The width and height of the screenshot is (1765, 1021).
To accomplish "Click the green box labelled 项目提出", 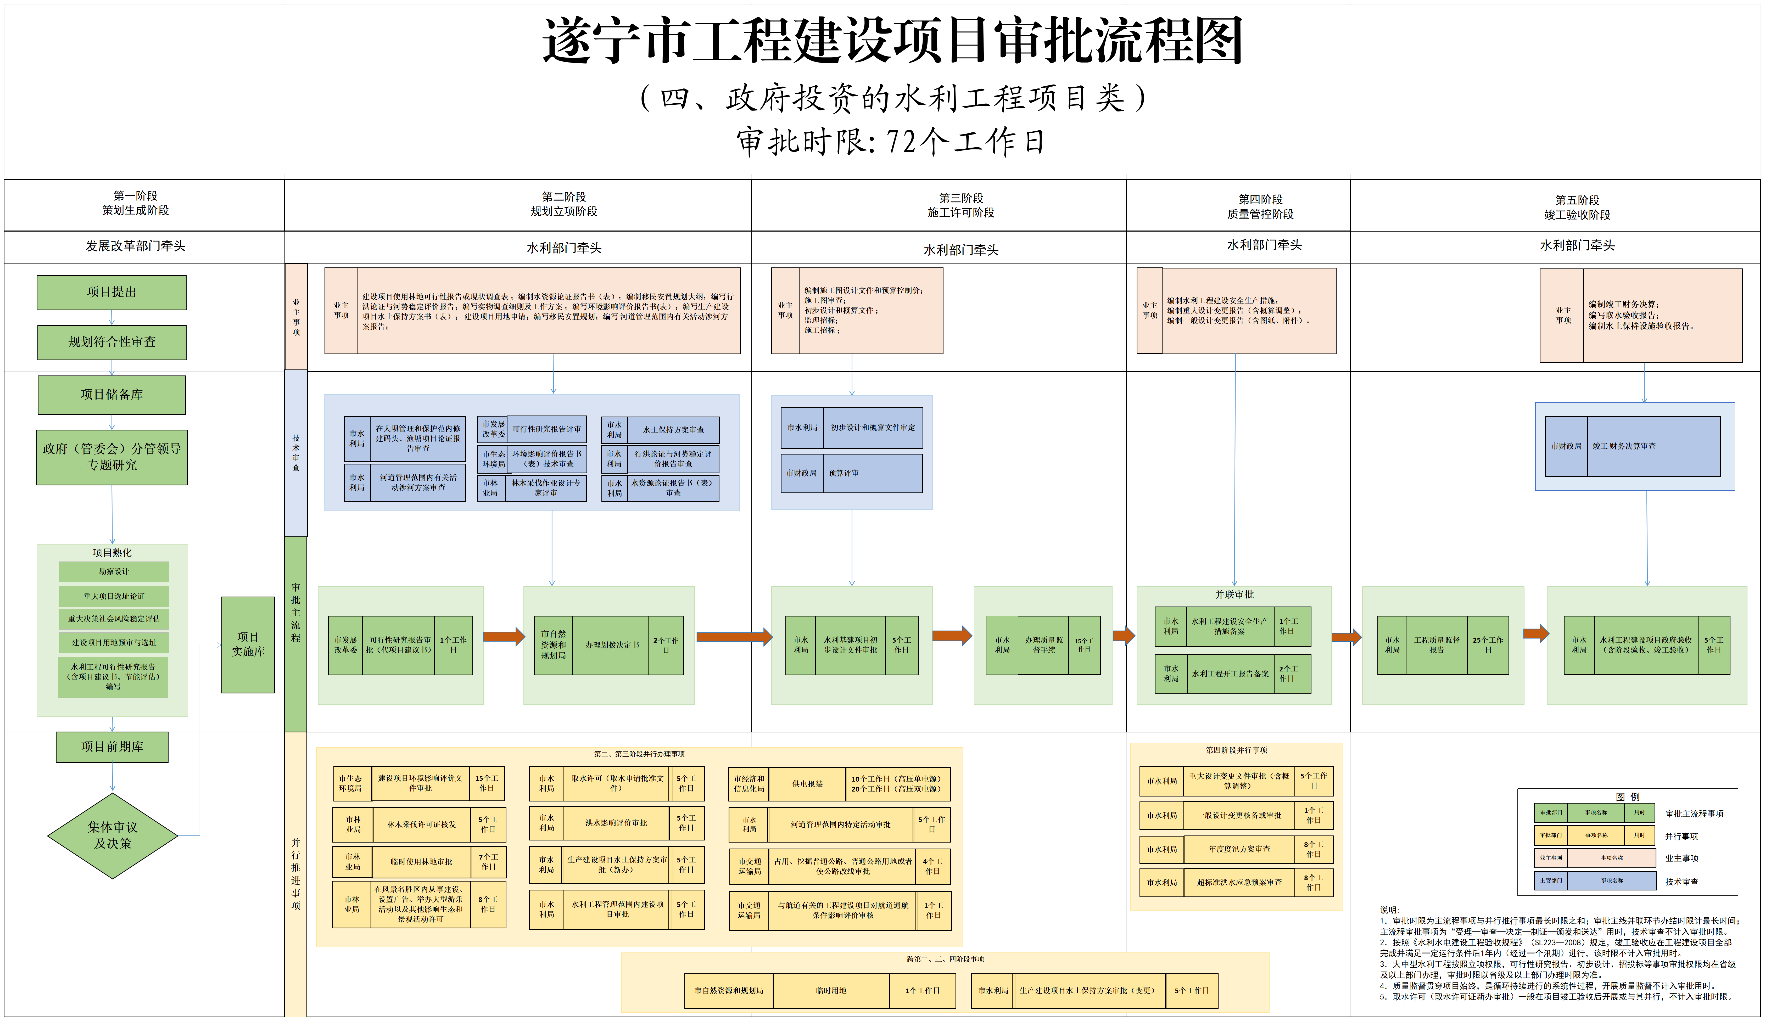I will pyautogui.click(x=111, y=292).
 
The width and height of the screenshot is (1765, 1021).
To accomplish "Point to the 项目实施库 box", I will pyautogui.click(x=248, y=644).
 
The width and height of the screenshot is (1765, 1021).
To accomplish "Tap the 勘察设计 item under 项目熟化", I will pyautogui.click(x=114, y=571).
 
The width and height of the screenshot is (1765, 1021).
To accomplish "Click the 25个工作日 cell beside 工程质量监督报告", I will pyautogui.click(x=1488, y=645).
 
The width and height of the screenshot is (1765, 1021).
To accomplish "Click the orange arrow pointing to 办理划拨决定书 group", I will pyautogui.click(x=504, y=636).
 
